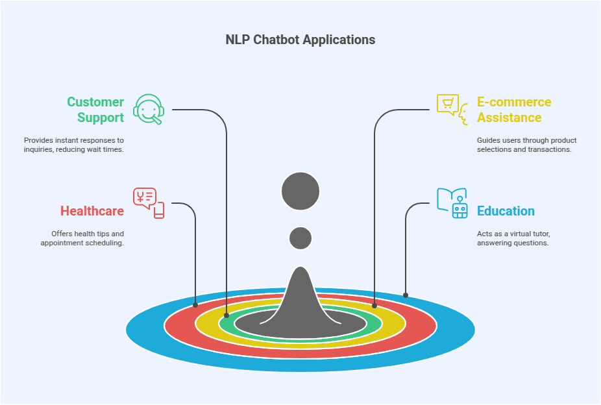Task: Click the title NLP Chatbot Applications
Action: pyautogui.click(x=300, y=40)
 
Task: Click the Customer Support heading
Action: pyautogui.click(x=95, y=110)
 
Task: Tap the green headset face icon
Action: pyautogui.click(x=149, y=109)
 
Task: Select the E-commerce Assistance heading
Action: pyautogui.click(x=513, y=110)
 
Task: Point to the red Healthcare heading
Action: pyautogui.click(x=92, y=211)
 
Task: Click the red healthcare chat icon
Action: pyautogui.click(x=149, y=203)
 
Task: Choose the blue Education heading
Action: pyautogui.click(x=506, y=211)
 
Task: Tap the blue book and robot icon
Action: pyautogui.click(x=452, y=203)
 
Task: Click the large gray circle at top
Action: pyautogui.click(x=300, y=191)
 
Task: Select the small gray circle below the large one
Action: pyautogui.click(x=300, y=238)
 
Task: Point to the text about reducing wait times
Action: pyautogui.click(x=73, y=145)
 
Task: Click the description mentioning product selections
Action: pyautogui.click(x=526, y=145)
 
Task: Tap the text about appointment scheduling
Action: pyautogui.click(x=82, y=238)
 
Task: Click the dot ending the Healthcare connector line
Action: pyautogui.click(x=195, y=304)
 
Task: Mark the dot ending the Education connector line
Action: pyautogui.click(x=406, y=295)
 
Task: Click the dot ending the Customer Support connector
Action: pyautogui.click(x=226, y=315)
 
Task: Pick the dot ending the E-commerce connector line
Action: pyautogui.click(x=374, y=304)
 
